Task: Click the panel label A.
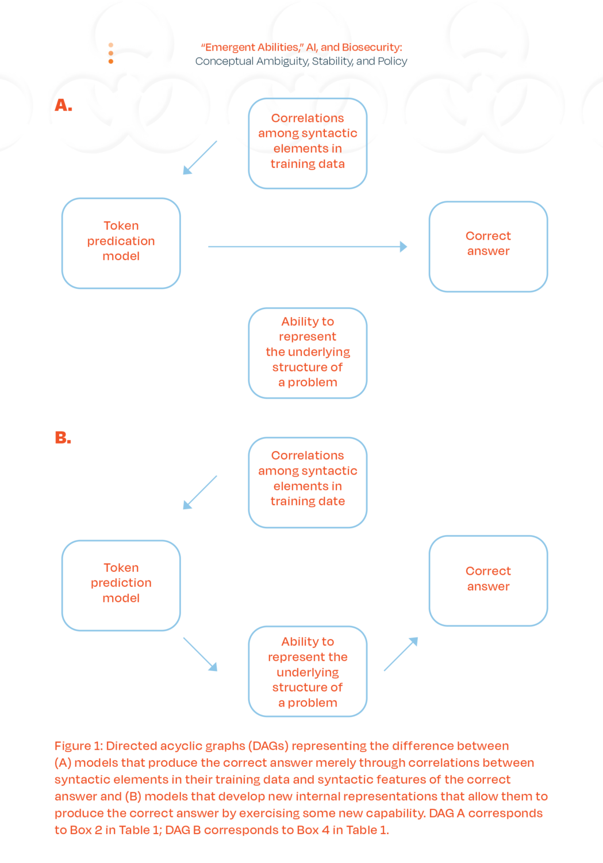click(63, 105)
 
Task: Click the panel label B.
click(63, 438)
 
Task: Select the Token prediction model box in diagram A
click(121, 243)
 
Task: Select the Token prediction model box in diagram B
click(121, 585)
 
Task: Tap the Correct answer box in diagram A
click(488, 246)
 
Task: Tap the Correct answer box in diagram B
click(488, 580)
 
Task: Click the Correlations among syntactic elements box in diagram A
click(308, 143)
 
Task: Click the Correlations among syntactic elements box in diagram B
click(308, 482)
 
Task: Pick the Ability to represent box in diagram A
click(308, 352)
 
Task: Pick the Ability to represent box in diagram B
click(308, 671)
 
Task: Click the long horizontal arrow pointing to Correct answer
click(308, 247)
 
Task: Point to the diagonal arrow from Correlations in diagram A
click(200, 157)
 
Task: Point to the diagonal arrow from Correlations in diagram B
click(200, 492)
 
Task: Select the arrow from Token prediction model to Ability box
click(200, 654)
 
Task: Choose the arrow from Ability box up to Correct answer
click(401, 654)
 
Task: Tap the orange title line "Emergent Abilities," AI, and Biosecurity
click(301, 48)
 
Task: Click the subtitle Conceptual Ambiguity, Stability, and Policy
click(301, 61)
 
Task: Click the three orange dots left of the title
click(111, 53)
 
